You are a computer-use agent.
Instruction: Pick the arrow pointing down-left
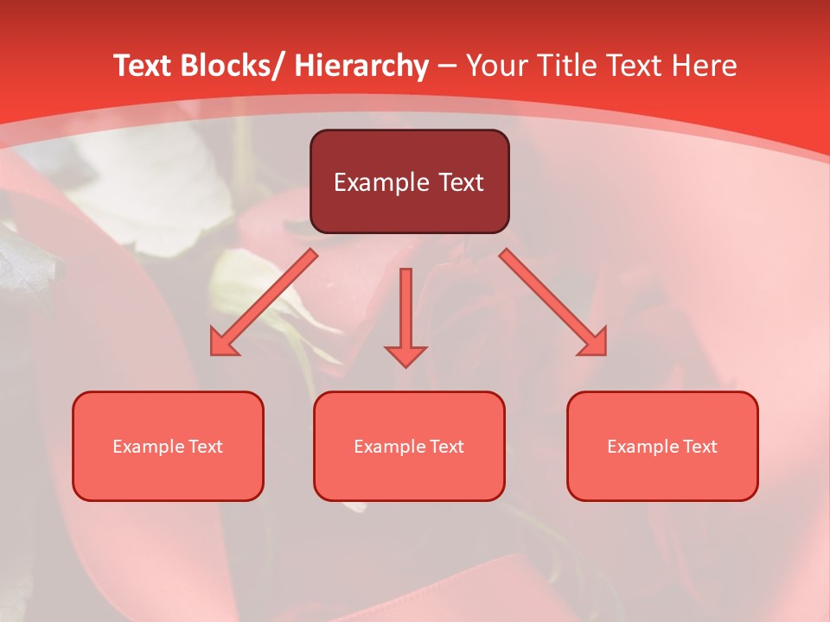264,302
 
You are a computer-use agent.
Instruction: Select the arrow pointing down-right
553,302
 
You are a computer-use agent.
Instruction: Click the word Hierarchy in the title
361,66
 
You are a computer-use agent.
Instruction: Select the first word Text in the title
144,66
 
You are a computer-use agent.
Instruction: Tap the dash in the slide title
447,66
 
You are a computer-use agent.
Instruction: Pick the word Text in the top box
459,182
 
